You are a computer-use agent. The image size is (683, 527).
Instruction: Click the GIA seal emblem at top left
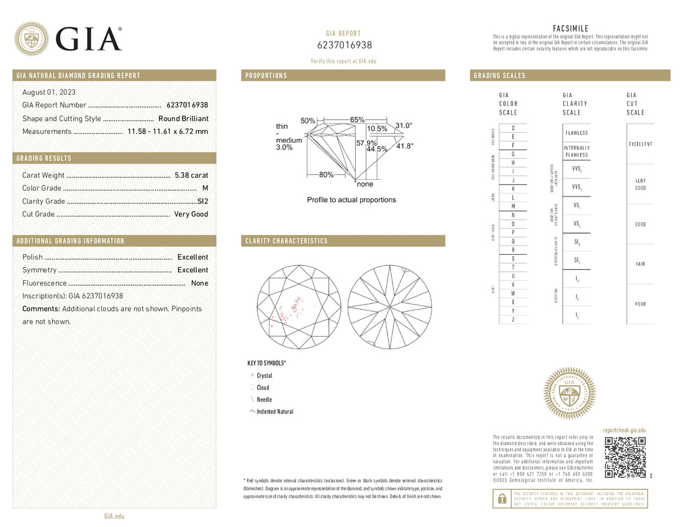click(32, 39)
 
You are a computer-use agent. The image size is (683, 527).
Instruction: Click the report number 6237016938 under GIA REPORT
click(343, 45)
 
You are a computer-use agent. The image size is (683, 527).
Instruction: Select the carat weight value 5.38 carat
click(191, 175)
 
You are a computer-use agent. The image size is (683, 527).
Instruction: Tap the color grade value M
click(205, 188)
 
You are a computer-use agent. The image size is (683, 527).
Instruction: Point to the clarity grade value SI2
click(202, 201)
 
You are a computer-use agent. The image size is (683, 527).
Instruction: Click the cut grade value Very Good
click(191, 215)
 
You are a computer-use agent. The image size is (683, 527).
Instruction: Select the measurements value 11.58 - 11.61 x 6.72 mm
click(168, 131)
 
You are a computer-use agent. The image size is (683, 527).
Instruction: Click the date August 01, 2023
click(45, 92)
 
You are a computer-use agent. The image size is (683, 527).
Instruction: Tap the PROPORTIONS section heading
click(266, 76)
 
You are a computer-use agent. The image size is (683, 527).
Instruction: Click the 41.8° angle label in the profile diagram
click(405, 146)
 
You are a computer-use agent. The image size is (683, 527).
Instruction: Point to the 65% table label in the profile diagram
click(357, 119)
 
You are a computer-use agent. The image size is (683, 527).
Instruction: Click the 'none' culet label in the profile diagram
click(365, 184)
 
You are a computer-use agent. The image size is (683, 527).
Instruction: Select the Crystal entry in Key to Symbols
click(264, 376)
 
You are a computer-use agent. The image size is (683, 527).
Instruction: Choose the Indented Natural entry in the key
click(274, 412)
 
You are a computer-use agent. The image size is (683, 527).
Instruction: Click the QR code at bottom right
click(625, 458)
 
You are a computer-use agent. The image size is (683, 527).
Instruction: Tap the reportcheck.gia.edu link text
click(624, 430)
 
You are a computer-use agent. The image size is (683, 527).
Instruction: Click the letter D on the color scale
click(513, 128)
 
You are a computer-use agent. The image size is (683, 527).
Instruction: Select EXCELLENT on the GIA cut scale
click(640, 144)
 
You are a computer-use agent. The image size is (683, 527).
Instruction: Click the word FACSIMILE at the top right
click(570, 29)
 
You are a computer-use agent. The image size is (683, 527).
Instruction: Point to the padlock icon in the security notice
click(500, 498)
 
